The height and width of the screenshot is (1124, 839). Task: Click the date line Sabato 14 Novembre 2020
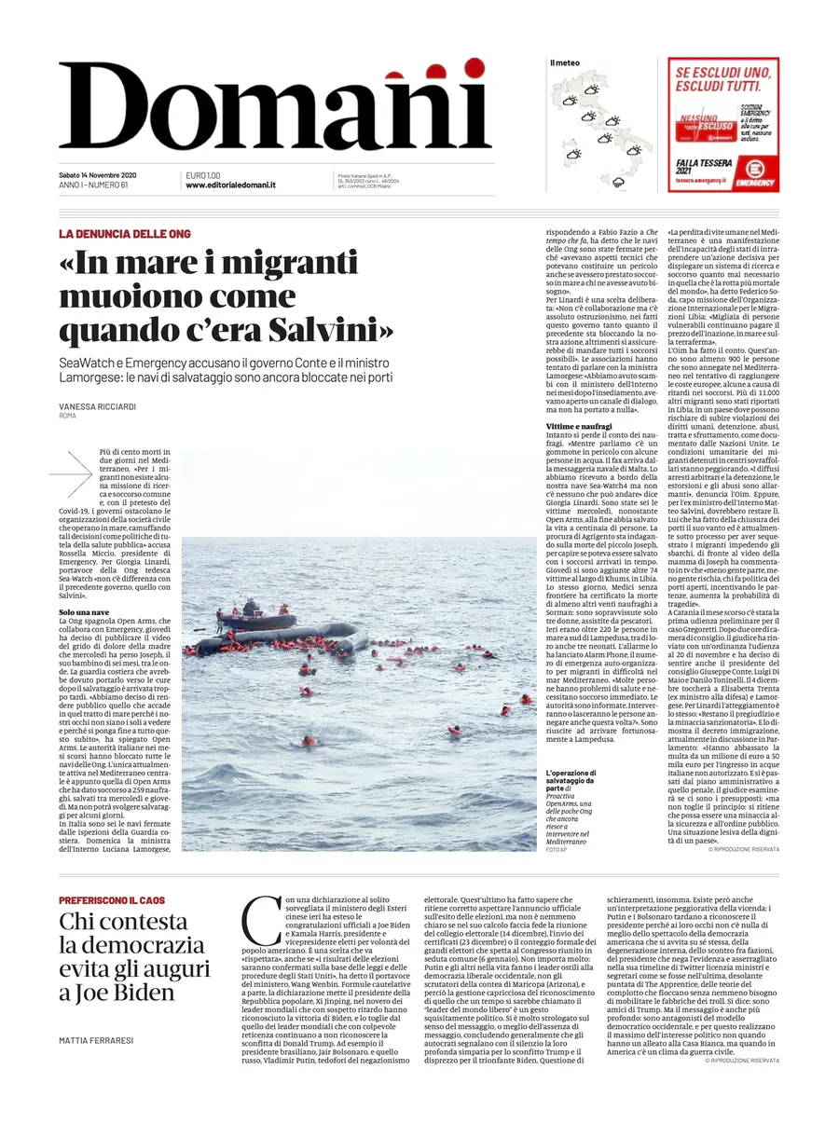click(x=98, y=175)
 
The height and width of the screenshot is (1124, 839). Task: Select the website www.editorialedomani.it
click(x=230, y=185)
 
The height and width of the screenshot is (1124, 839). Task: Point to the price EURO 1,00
click(x=203, y=175)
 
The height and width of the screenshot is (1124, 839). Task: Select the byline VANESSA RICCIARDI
click(x=97, y=407)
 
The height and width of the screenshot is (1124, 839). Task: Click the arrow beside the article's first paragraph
click(x=72, y=473)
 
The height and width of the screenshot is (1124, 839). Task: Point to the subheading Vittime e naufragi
click(x=580, y=426)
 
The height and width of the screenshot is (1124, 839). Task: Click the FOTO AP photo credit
click(x=557, y=850)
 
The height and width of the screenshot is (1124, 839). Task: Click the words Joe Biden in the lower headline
click(x=136, y=992)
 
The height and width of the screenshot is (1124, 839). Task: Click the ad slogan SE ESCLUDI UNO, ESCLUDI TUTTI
click(x=723, y=77)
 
